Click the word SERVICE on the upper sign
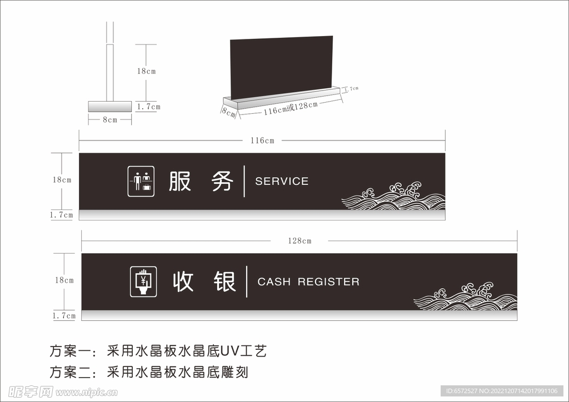point(281,181)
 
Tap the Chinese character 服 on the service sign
point(180,181)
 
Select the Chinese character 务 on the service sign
point(222,181)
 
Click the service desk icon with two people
point(141,182)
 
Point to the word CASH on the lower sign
point(274,282)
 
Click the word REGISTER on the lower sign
point(328,282)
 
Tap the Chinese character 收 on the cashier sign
point(183,282)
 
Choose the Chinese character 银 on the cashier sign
point(225,282)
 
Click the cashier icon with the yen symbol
point(143,282)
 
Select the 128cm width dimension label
point(300,241)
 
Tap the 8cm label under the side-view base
point(110,119)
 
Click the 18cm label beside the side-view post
point(147,71)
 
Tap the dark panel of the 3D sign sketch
point(281,66)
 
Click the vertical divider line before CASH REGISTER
point(247,282)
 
